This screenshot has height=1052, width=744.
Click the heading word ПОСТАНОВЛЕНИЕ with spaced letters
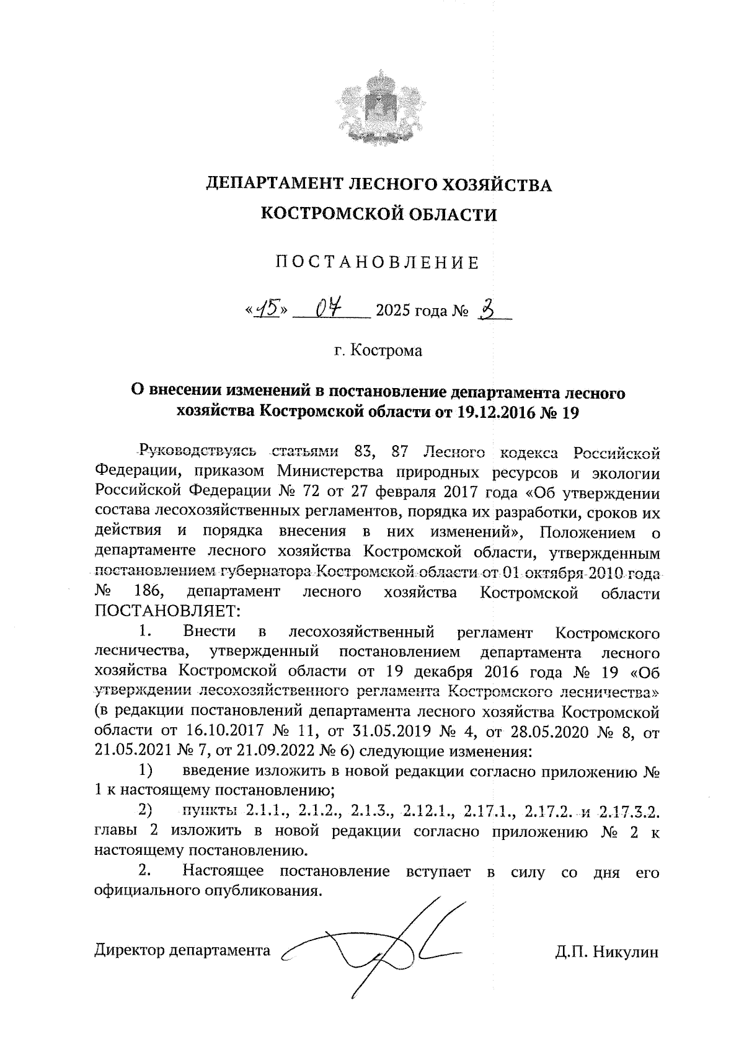[x=378, y=263]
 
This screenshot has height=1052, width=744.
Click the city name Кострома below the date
[x=386, y=350]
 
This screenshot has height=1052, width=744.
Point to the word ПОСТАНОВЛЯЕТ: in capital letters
[x=166, y=612]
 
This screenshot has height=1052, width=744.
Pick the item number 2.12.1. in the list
[x=428, y=810]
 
